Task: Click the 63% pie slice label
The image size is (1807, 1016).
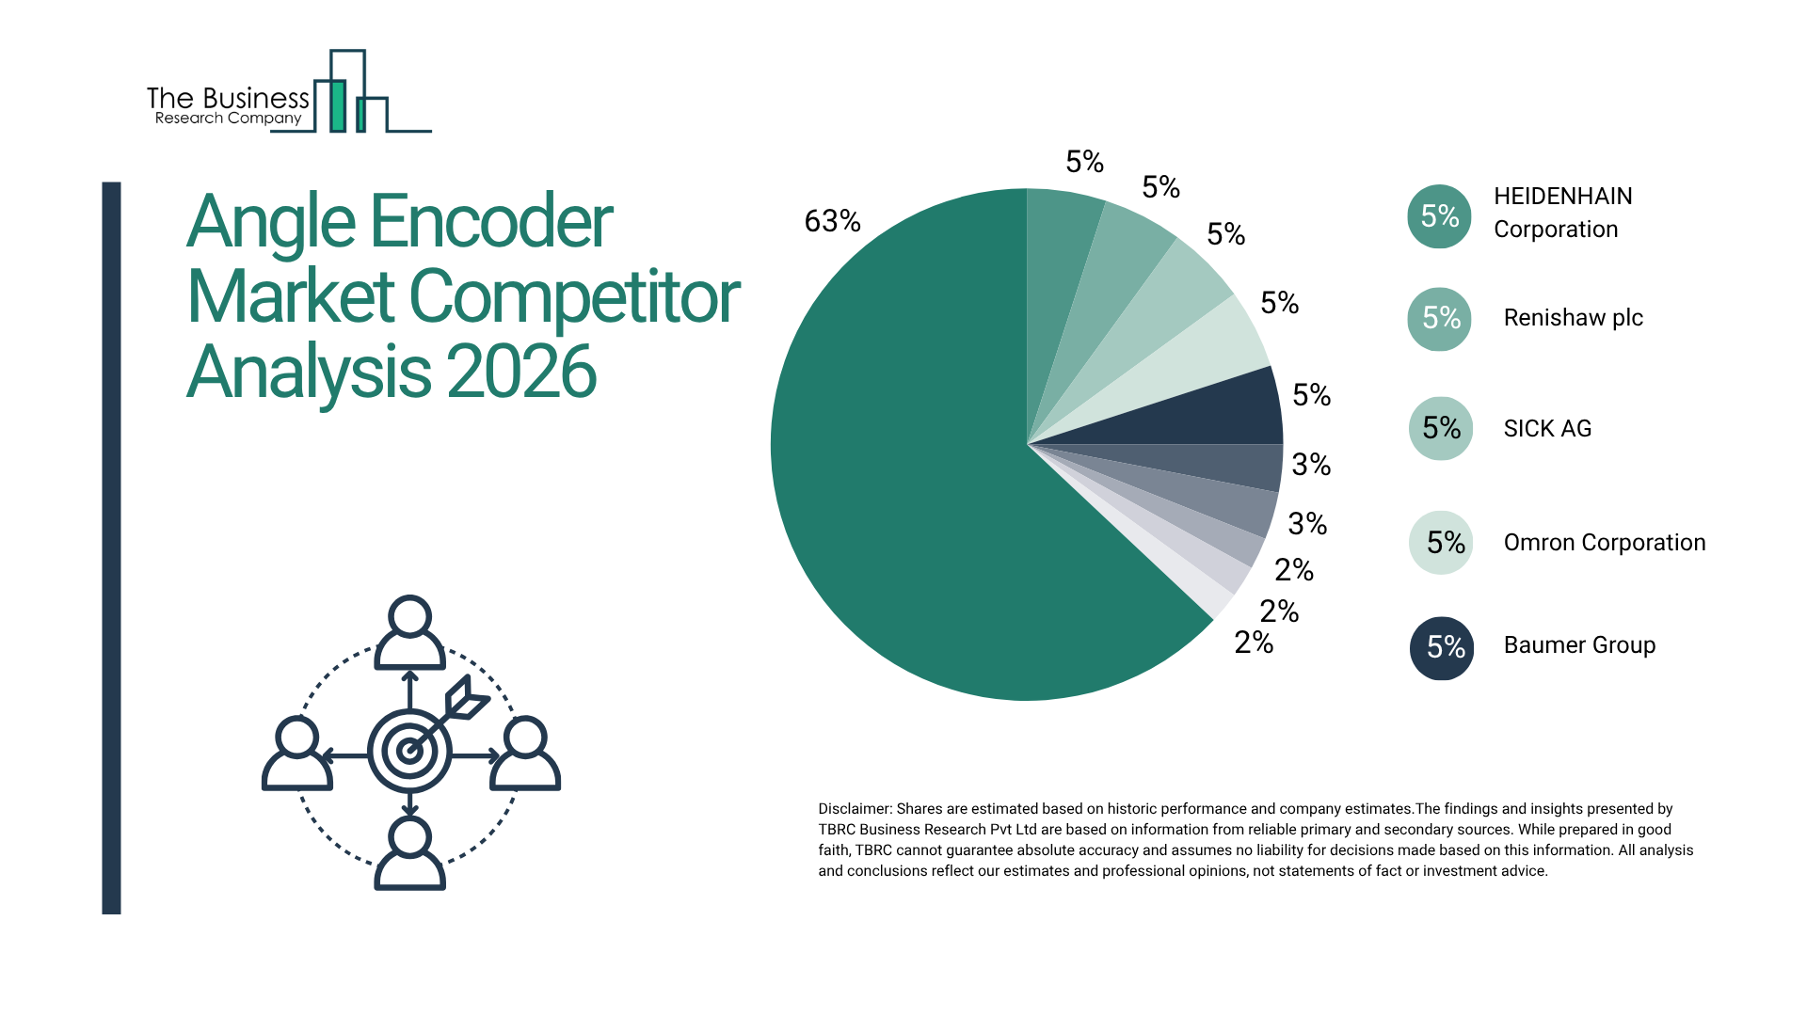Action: point(832,221)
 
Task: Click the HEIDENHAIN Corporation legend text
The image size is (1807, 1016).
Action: point(1562,213)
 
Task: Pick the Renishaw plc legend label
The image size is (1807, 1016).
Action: point(1573,318)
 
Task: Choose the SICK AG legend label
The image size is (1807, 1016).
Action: point(1547,429)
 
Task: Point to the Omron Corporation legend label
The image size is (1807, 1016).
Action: point(1604,543)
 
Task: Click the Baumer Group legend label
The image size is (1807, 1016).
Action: point(1579,645)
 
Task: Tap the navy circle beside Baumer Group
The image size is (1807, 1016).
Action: point(1441,647)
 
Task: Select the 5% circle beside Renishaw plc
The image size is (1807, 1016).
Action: point(1439,318)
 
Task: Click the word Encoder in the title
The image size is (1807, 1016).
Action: point(490,222)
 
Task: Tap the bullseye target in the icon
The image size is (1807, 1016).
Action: point(409,751)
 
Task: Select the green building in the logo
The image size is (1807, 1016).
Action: point(337,105)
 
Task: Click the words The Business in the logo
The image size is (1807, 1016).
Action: point(228,98)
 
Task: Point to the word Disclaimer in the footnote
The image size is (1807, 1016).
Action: point(854,809)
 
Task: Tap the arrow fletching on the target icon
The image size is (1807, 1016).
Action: point(468,698)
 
